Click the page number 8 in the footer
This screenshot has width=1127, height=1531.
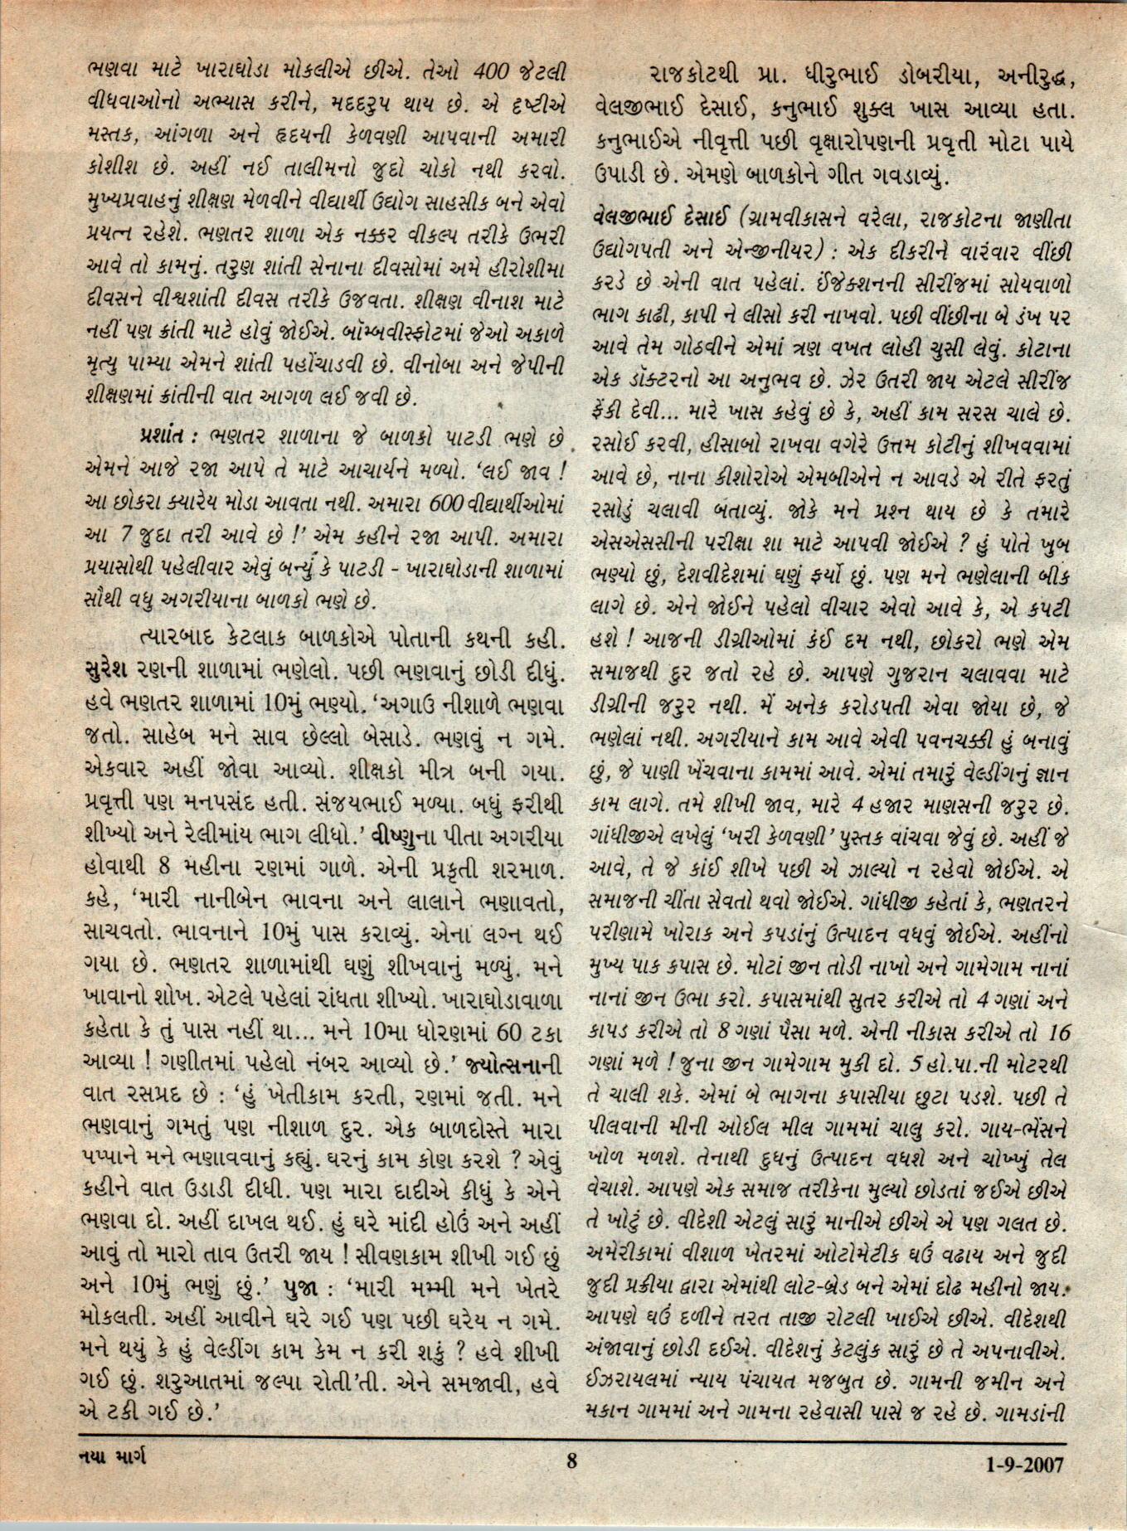pos(571,1482)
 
